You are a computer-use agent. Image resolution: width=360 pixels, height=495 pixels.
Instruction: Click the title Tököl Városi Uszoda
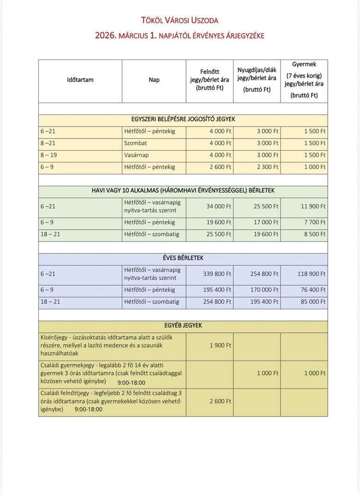180,20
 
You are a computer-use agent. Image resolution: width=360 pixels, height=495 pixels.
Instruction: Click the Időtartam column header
80,80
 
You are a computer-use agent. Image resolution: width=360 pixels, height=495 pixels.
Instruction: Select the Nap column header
154,80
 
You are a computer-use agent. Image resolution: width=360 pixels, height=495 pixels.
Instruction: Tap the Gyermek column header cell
304,80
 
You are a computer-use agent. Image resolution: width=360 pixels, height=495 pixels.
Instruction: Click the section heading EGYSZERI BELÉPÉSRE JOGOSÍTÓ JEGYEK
183,119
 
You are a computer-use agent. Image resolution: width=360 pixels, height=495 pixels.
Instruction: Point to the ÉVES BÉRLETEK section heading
183,258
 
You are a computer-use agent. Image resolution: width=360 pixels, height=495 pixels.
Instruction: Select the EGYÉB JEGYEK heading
183,326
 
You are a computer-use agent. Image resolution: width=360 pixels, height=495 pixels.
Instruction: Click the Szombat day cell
136,143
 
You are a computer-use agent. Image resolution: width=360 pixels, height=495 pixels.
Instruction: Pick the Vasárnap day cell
137,155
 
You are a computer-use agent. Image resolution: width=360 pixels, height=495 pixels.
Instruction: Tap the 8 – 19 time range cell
48,155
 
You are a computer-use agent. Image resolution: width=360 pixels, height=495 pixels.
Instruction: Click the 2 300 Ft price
268,167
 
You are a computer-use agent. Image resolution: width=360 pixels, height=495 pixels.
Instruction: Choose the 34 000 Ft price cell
219,206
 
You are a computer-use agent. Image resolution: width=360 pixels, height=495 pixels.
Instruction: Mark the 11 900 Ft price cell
313,206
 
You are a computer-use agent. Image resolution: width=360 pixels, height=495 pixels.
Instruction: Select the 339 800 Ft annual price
217,274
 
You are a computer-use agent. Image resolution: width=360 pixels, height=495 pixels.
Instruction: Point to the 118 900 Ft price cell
312,274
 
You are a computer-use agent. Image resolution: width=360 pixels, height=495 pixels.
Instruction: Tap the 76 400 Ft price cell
313,290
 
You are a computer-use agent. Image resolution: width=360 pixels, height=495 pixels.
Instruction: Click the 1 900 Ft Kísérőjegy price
220,345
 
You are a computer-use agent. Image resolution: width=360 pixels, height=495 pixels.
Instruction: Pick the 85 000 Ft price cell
313,302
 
